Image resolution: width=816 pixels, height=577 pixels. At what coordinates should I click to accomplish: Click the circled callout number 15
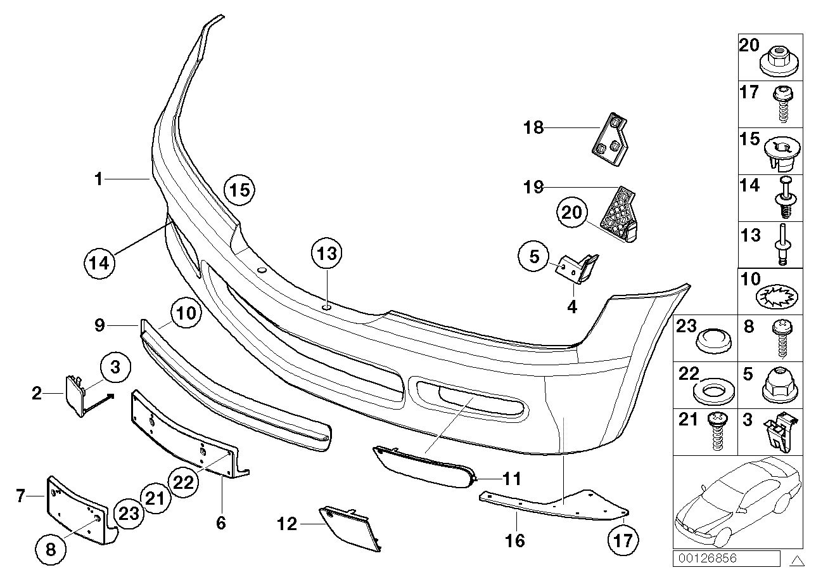point(240,189)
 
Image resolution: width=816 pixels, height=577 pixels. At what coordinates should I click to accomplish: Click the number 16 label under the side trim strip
point(516,540)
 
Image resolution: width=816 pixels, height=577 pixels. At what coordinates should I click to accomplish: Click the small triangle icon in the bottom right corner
point(798,560)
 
